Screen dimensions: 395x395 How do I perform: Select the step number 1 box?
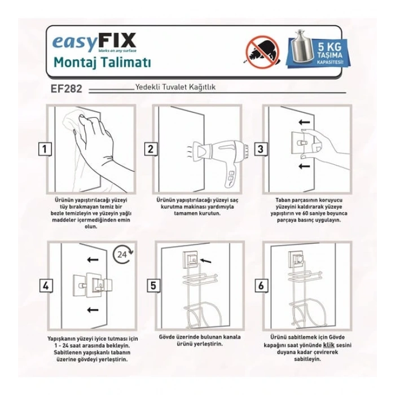pos(42,149)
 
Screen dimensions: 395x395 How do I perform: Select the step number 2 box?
pos(151,149)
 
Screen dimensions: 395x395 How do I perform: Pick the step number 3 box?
pos(261,149)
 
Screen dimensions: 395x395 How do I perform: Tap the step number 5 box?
pos(152,286)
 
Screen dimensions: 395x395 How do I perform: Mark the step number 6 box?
pos(261,286)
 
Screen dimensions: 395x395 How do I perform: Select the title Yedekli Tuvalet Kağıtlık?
pos(175,88)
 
